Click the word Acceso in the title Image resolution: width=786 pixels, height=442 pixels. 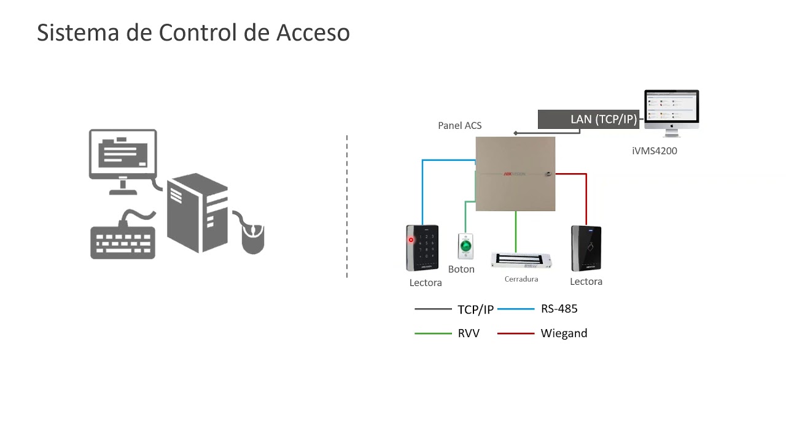tap(313, 33)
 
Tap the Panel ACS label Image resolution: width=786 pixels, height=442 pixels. tap(459, 125)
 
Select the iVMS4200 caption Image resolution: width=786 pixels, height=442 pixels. tap(654, 150)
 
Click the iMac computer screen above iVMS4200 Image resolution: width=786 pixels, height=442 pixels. tap(671, 108)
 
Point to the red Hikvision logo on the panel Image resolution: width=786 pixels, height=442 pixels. tap(515, 174)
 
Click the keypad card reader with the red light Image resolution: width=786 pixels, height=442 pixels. tap(422, 248)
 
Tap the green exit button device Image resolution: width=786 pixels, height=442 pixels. tap(466, 247)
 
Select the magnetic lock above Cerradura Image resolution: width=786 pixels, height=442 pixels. tap(522, 260)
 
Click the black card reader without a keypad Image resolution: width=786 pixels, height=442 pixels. tap(586, 249)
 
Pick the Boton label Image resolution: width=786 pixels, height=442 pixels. tap(461, 269)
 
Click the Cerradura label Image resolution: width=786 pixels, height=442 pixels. tap(521, 279)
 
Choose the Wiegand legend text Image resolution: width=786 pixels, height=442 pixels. tap(564, 333)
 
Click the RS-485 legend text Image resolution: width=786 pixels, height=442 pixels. tap(559, 309)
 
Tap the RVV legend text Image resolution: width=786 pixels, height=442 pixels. tap(469, 333)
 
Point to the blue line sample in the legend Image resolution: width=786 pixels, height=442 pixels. tap(516, 309)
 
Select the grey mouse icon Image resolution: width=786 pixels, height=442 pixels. tap(252, 239)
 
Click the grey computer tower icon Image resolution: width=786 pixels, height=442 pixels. tap(197, 212)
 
